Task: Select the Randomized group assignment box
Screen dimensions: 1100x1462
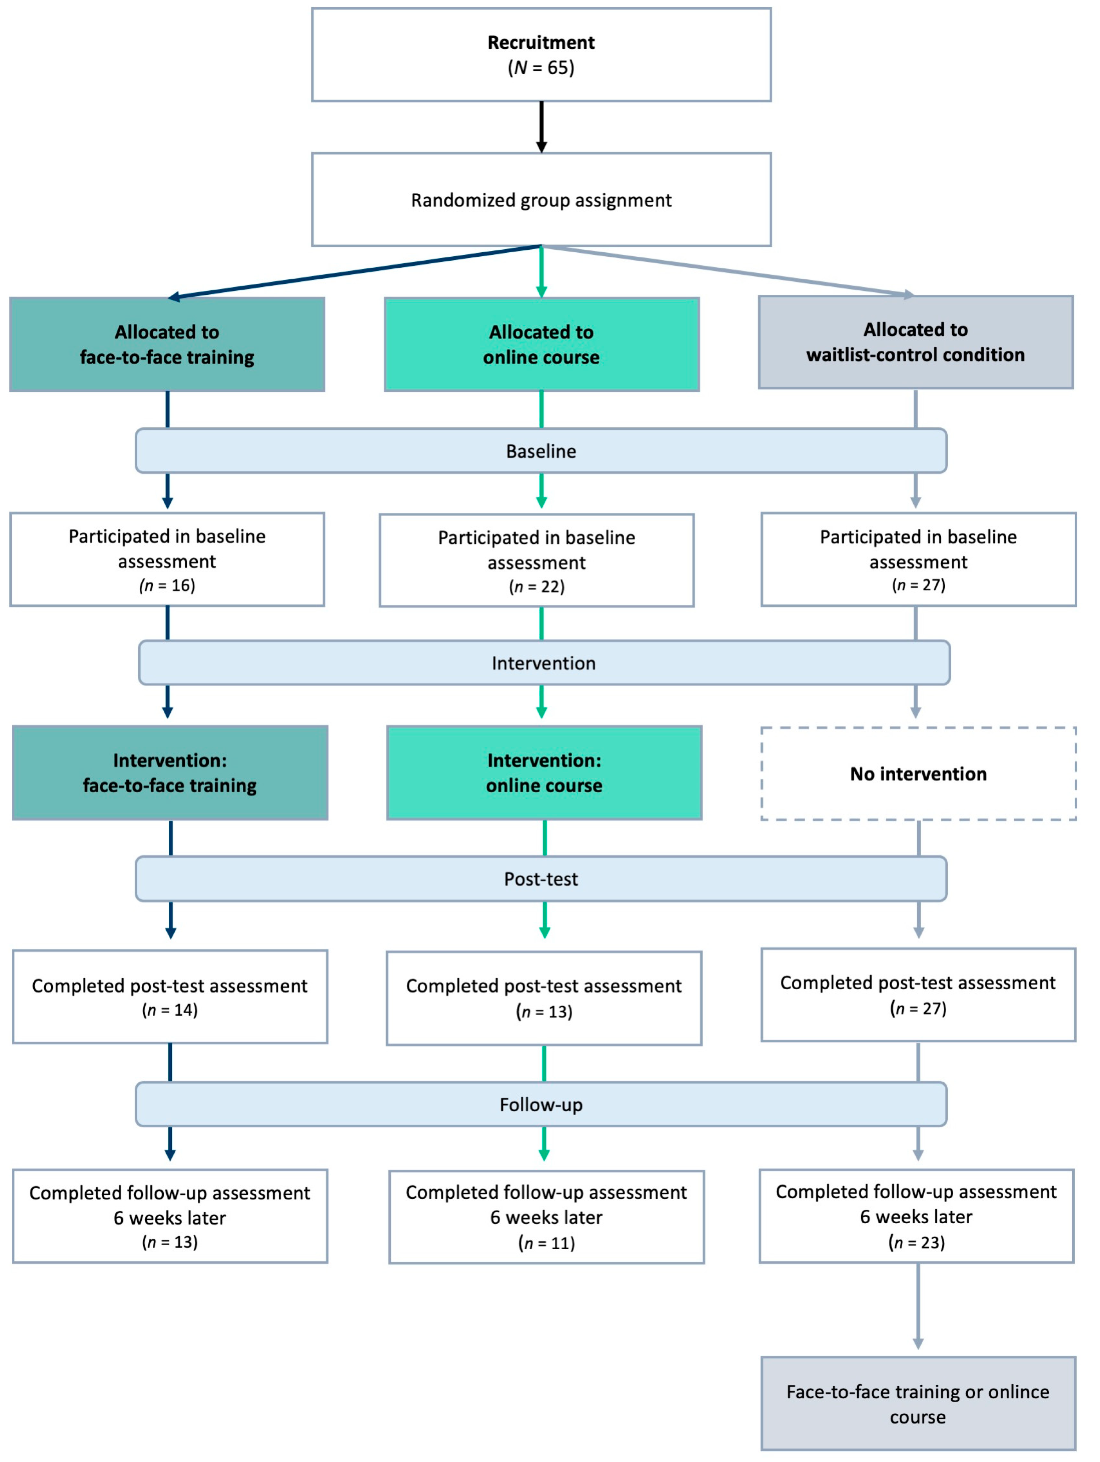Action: [x=542, y=200]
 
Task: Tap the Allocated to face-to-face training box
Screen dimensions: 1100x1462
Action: [x=167, y=344]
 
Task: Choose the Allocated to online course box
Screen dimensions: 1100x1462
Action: [x=542, y=344]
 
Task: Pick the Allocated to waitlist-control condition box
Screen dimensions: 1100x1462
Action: [x=915, y=342]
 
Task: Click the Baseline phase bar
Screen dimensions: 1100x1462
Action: [x=542, y=451]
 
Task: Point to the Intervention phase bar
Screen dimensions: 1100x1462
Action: [x=544, y=663]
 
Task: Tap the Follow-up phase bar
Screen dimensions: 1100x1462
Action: [x=542, y=1104]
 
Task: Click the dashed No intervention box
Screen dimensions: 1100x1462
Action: [x=919, y=773]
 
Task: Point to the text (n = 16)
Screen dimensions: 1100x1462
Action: [x=167, y=585]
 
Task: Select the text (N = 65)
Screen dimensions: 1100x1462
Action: [x=542, y=67]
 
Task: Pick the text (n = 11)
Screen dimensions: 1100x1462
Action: [x=547, y=1243]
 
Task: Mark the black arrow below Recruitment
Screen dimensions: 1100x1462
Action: [x=542, y=127]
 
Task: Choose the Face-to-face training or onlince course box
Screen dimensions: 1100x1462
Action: [x=918, y=1404]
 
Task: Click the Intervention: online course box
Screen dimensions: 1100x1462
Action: [x=544, y=773]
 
